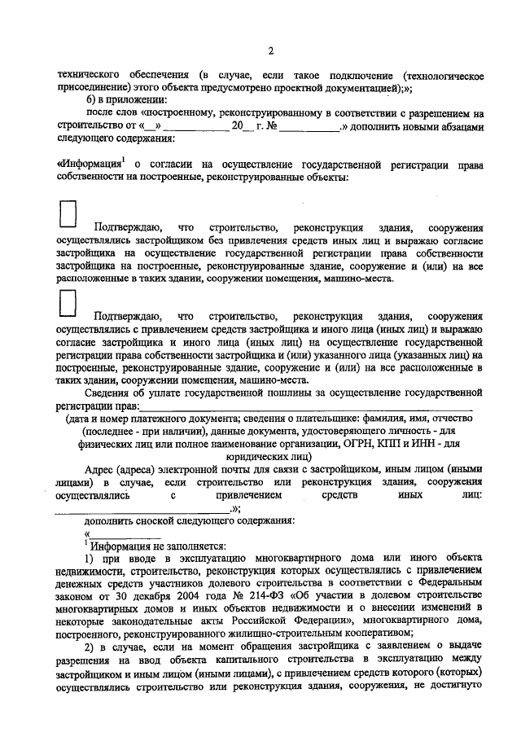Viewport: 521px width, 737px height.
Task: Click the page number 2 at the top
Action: [269, 50]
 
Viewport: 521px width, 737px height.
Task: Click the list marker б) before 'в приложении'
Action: [92, 99]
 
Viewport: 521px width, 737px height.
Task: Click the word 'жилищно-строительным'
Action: [274, 634]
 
